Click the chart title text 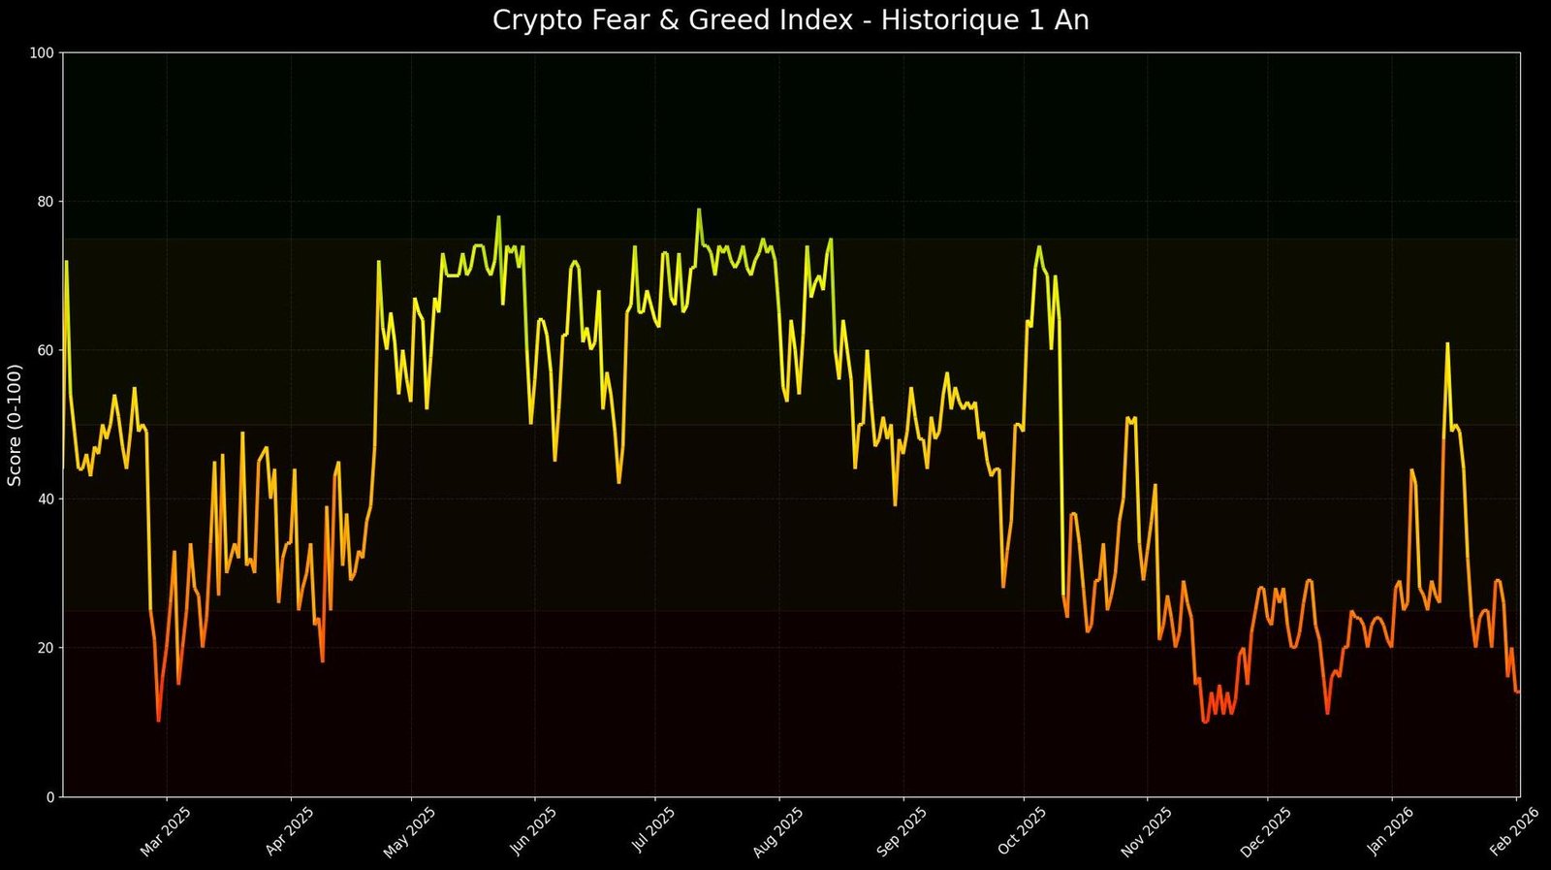[790, 20]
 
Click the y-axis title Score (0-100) [15, 425]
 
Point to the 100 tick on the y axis [41, 52]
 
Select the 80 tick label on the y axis [44, 202]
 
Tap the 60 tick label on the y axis [44, 350]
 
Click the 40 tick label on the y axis [44, 499]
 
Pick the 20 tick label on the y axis [44, 648]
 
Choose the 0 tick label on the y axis [48, 797]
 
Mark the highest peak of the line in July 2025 [698, 209]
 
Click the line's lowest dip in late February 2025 [158, 721]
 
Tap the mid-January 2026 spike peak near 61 [1447, 343]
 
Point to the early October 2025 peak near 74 [1038, 246]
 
